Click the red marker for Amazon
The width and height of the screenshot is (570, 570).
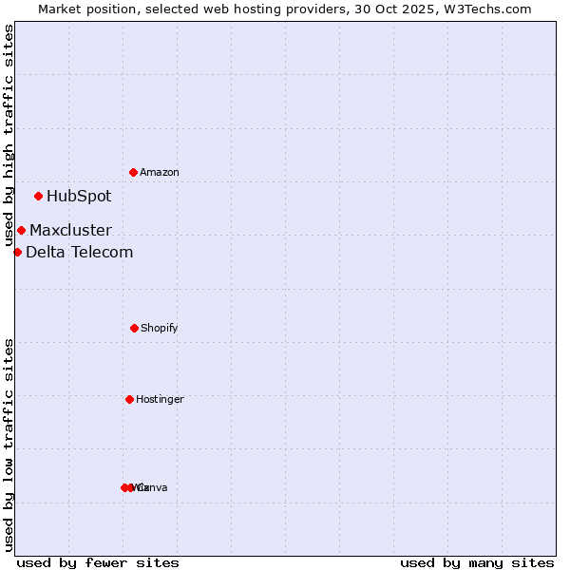[x=134, y=172]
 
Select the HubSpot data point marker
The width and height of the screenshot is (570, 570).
[x=39, y=197]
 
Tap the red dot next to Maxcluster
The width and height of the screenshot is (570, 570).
[x=21, y=230]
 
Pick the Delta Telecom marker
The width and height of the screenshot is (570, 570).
[x=17, y=252]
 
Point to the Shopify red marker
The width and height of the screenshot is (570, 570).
[x=134, y=328]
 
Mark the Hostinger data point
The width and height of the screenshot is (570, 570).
[x=129, y=399]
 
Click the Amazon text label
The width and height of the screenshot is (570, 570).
[x=160, y=173]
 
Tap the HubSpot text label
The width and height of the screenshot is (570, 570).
[x=79, y=197]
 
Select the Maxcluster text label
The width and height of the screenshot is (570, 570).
[x=70, y=230]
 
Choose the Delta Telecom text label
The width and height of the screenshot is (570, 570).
[x=80, y=252]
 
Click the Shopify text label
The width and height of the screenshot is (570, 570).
[x=160, y=329]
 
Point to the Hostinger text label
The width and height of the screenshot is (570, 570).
[x=160, y=400]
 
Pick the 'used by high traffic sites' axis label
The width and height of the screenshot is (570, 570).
[x=9, y=136]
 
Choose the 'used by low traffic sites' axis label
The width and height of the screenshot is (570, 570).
[x=9, y=445]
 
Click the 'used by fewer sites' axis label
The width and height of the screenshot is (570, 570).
[x=98, y=562]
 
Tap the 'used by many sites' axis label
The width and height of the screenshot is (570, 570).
[x=477, y=562]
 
